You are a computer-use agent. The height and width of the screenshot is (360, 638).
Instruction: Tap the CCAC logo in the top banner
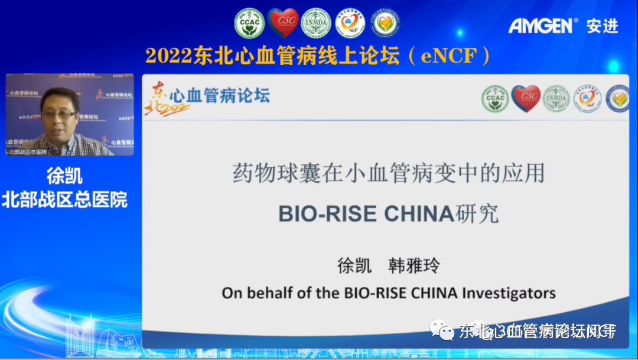pyautogui.click(x=249, y=23)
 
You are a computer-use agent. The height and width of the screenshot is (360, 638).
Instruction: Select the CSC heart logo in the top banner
pyautogui.click(x=283, y=22)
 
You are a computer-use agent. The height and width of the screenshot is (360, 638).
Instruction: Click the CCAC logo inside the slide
pyautogui.click(x=494, y=99)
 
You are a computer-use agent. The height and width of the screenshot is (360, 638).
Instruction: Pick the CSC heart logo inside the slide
pyautogui.click(x=526, y=98)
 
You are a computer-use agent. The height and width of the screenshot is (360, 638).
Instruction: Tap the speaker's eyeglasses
pyautogui.click(x=59, y=113)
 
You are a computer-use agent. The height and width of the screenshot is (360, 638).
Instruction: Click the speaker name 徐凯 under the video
pyautogui.click(x=64, y=176)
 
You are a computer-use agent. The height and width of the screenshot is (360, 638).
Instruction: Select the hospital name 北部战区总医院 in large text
pyautogui.click(x=64, y=199)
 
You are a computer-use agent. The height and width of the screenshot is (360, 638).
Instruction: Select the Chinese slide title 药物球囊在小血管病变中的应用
pyautogui.click(x=388, y=173)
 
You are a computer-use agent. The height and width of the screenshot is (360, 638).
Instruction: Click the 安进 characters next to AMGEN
pyautogui.click(x=602, y=25)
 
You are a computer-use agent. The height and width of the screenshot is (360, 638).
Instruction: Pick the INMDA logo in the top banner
pyautogui.click(x=316, y=23)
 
